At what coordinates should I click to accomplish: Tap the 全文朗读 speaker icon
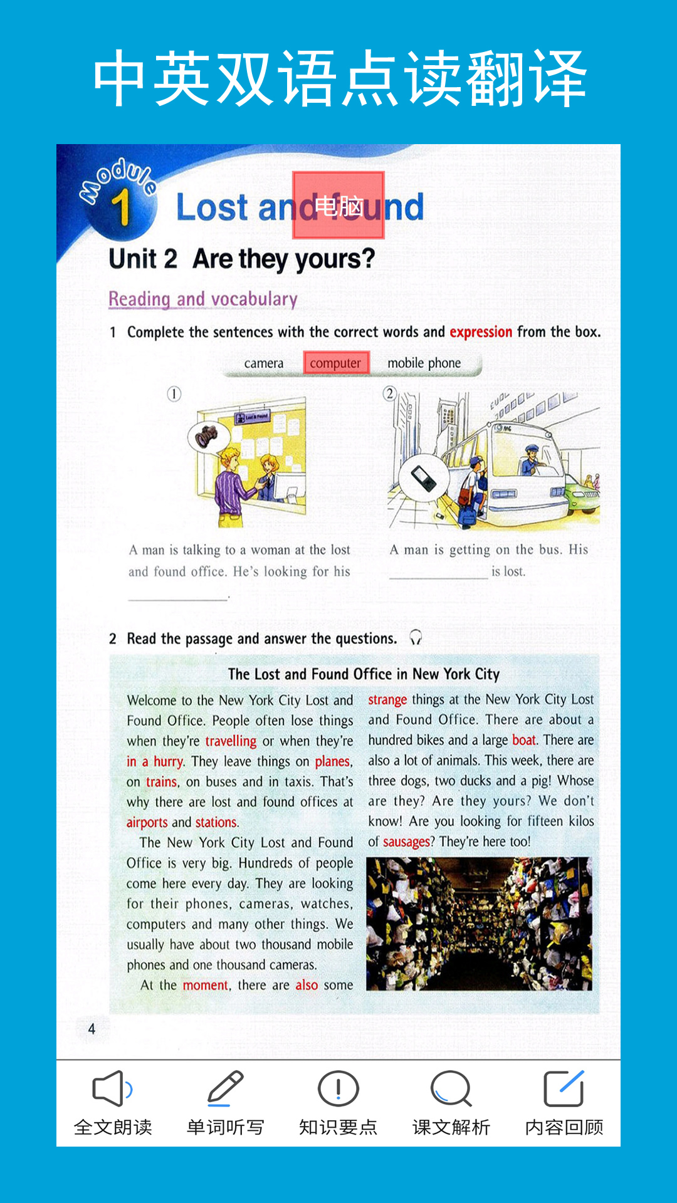[x=112, y=1089]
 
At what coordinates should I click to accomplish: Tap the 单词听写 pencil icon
[x=225, y=1089]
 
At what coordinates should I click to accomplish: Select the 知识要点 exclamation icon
[x=338, y=1089]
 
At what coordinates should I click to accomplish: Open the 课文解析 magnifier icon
[x=451, y=1089]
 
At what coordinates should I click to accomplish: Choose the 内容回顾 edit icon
[x=564, y=1089]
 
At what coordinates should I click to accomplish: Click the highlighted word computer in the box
[x=336, y=363]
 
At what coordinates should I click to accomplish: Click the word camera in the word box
[x=264, y=363]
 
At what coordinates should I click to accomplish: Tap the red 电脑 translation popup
[x=338, y=206]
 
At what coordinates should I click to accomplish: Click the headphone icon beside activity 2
[x=416, y=638]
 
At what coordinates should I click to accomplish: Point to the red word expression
[x=481, y=332]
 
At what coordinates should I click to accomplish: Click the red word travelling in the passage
[x=231, y=741]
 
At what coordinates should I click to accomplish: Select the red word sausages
[x=406, y=841]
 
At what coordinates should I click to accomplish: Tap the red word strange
[x=387, y=699]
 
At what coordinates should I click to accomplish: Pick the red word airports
[x=147, y=822]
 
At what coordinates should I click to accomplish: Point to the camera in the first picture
[x=207, y=435]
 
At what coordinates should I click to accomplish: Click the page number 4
[x=92, y=1029]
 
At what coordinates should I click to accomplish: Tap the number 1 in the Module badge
[x=121, y=207]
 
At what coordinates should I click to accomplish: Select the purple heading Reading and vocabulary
[x=203, y=299]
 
